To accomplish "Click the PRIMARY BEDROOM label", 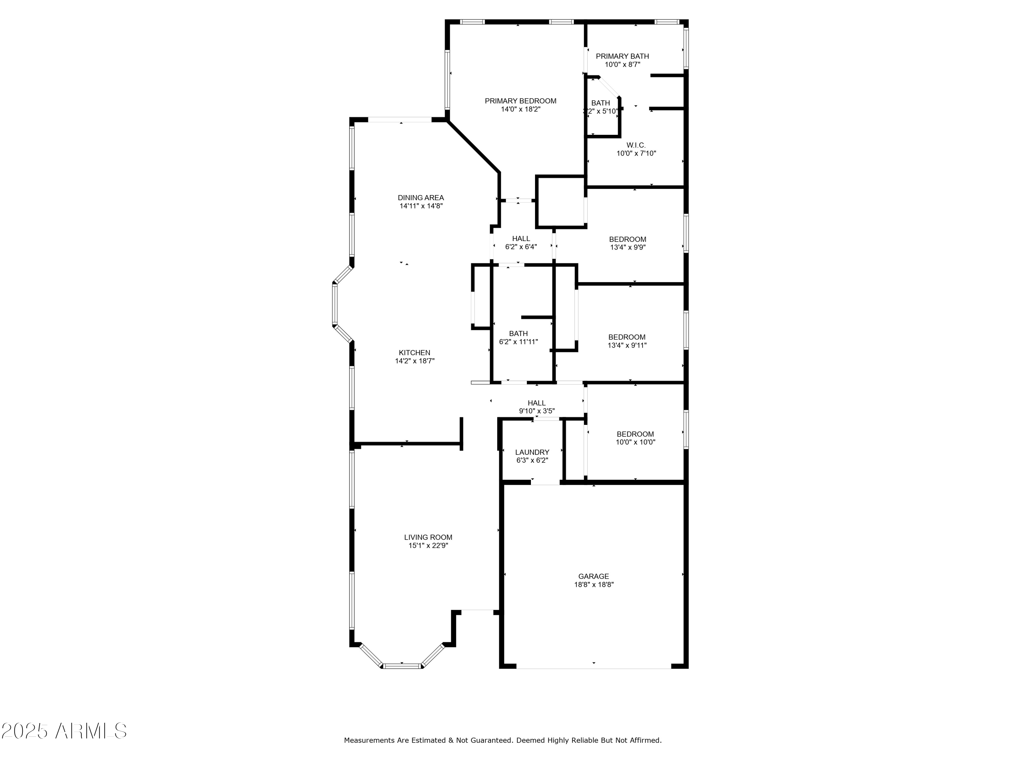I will [x=520, y=101].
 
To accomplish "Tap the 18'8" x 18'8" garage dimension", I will [x=594, y=585].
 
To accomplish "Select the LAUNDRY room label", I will [x=532, y=452].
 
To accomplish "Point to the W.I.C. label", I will [x=636, y=145].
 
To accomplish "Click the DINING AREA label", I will [x=421, y=197].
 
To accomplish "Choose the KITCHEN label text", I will [x=415, y=353].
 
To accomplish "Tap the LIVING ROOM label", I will [x=428, y=537].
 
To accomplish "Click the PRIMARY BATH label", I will [x=622, y=56].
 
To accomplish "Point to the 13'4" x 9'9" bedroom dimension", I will [x=627, y=248].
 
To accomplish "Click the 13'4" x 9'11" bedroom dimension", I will [x=627, y=345].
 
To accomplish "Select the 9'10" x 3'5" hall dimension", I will [x=536, y=411].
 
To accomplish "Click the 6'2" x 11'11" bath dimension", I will [x=518, y=342].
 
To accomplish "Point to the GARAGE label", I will [x=594, y=576].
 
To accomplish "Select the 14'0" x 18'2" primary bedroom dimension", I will [x=520, y=109].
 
